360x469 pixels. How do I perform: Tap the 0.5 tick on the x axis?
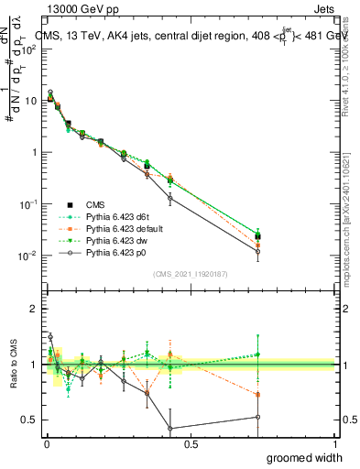[x=190, y=444]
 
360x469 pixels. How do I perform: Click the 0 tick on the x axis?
[x=46, y=444]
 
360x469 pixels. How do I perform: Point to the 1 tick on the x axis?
[x=334, y=444]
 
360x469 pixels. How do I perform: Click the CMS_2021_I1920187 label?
[x=190, y=273]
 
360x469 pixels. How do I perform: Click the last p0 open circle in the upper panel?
[x=258, y=251]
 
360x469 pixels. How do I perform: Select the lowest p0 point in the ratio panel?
[x=170, y=428]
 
